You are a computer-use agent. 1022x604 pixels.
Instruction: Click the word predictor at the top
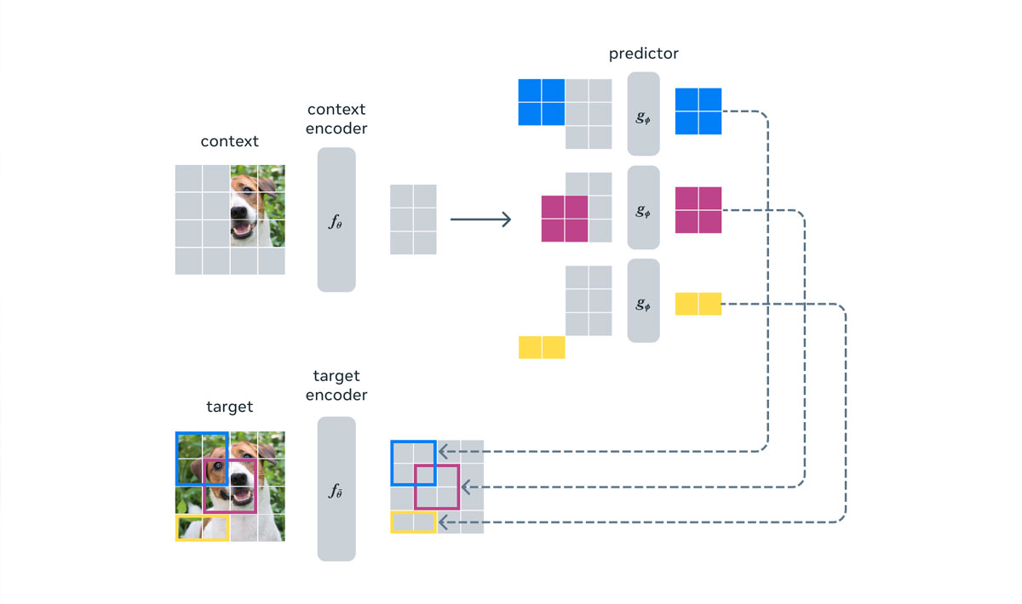pos(643,54)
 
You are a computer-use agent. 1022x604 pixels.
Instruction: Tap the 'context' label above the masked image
pos(229,141)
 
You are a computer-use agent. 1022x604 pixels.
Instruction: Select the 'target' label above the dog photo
pos(229,407)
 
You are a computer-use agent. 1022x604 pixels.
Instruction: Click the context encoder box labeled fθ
pos(336,219)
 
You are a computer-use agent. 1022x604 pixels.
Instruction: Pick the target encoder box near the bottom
pos(336,488)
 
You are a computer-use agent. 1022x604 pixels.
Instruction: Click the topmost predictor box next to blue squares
pos(643,113)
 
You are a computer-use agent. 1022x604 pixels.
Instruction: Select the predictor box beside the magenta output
pos(643,208)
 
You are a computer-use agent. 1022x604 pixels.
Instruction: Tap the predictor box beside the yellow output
pos(643,300)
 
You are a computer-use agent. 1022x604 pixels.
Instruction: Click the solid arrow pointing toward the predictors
pos(480,219)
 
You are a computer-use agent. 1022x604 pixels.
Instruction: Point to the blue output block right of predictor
pos(698,111)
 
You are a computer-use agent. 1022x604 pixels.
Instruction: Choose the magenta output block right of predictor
pos(698,210)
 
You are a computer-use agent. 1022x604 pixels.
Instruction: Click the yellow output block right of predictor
pos(698,304)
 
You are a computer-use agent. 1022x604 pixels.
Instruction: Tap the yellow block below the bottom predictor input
pos(542,347)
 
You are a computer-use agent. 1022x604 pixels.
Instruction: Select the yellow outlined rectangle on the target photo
pos(202,527)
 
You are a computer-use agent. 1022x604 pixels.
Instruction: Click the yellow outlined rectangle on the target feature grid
pos(413,521)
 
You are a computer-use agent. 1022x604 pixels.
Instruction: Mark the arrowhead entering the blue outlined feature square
pos(444,451)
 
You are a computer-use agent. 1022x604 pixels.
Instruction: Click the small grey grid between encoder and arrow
pos(413,219)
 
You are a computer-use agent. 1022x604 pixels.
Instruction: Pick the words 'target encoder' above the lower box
pos(336,385)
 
